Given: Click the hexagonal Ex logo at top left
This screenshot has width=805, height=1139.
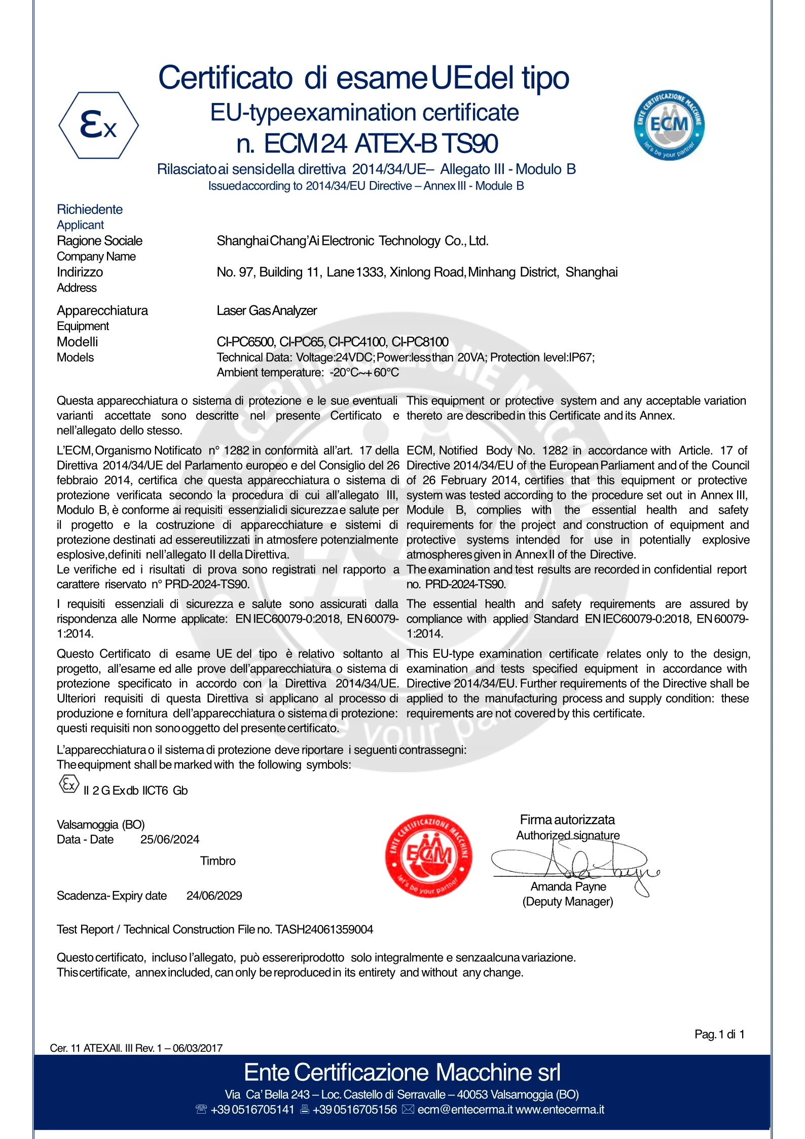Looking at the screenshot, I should (98, 125).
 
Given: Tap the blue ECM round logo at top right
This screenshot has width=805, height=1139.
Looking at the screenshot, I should (669, 125).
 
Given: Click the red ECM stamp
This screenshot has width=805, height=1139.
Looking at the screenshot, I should (429, 856).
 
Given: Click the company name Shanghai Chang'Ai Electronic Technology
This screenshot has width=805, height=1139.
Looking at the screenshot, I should (352, 241).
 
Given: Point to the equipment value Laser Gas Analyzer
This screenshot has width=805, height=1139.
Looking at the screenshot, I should (267, 310).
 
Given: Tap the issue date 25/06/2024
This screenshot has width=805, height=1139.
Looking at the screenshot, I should (170, 839).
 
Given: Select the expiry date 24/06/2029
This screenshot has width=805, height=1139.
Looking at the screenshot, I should (214, 896).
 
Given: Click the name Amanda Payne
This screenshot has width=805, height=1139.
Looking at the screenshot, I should (568, 886).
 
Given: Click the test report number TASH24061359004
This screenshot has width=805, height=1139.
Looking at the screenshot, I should (324, 930).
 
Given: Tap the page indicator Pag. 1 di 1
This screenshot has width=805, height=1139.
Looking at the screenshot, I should (719, 1035).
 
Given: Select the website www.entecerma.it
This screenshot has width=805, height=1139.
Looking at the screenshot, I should (560, 1110).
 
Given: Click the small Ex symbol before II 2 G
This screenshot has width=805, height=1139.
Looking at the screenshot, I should (69, 785).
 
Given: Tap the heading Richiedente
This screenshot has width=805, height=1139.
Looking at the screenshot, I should (90, 209).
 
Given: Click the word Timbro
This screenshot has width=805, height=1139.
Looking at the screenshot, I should (217, 861).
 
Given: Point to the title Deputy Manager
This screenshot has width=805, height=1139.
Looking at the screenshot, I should (568, 902).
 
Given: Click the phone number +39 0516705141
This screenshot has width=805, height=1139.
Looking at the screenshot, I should (252, 1110).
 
